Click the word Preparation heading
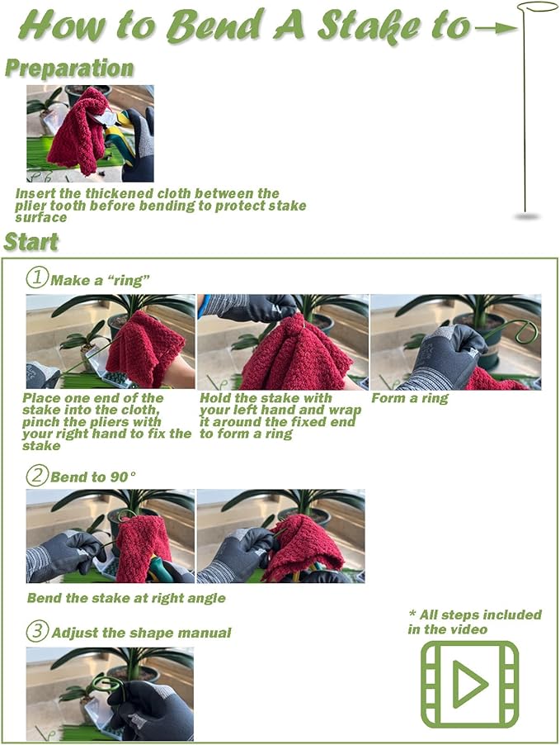coord(69,68)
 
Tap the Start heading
coord(31,241)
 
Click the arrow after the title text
coord(496,29)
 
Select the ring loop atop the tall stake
coord(537,7)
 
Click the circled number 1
coord(37,277)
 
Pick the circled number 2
coord(37,475)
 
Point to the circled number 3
coord(37,631)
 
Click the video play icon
coord(469,684)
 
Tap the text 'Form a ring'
coord(410,398)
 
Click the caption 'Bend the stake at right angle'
coord(126,598)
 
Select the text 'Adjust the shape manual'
coord(141,633)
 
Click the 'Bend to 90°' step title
coord(93,477)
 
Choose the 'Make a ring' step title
coord(100,280)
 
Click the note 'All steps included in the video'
coord(474,622)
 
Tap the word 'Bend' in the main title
coord(215,25)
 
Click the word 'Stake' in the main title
coord(369,27)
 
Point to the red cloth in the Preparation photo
coord(80,130)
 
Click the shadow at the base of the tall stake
coord(527,216)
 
